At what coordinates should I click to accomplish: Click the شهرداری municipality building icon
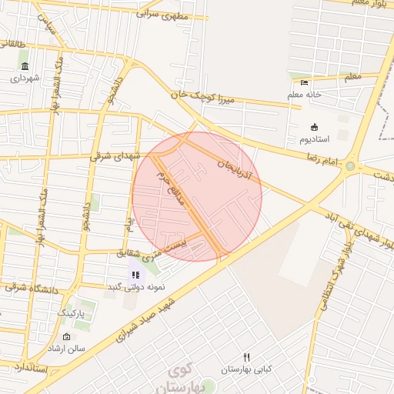click(25, 66)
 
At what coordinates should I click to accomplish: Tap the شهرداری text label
click(25, 78)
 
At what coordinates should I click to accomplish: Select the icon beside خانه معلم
click(305, 82)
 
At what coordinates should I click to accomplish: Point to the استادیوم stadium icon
click(314, 127)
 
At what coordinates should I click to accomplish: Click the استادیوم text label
click(314, 139)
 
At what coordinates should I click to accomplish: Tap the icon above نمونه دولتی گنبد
click(135, 275)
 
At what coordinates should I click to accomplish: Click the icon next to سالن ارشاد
click(65, 337)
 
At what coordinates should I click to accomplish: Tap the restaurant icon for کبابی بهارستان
click(246, 357)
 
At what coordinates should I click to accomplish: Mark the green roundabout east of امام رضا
click(351, 165)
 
